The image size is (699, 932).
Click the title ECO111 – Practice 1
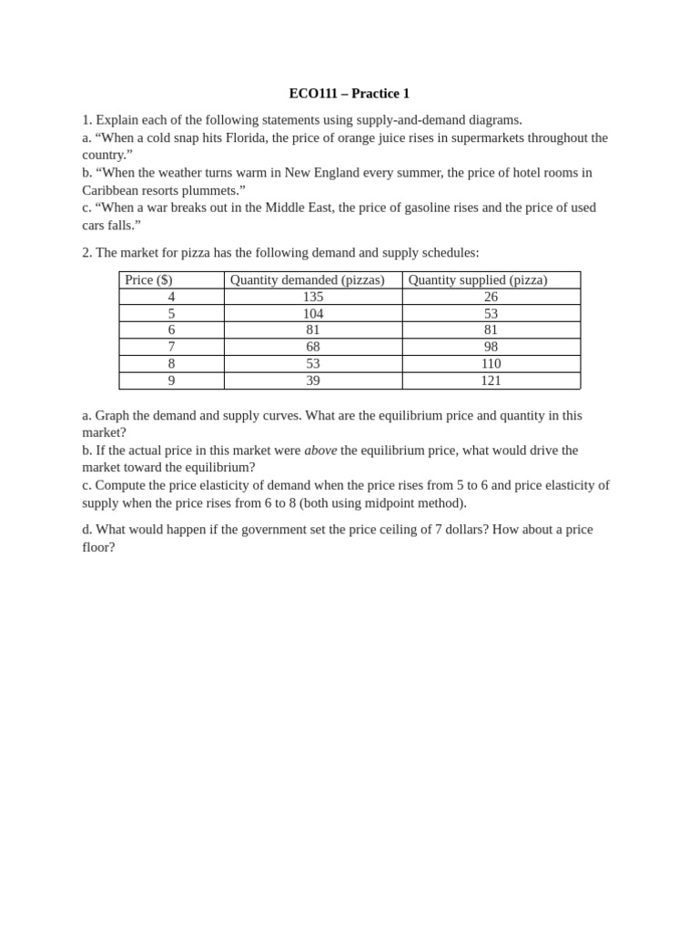point(349,94)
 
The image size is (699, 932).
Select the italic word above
point(320,451)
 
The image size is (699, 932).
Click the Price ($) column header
point(148,280)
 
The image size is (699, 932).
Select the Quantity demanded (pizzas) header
point(307,280)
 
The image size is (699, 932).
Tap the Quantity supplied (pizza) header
point(478,280)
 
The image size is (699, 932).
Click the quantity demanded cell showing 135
point(313,297)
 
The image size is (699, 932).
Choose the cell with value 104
point(313,314)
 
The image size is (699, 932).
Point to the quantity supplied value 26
point(491,297)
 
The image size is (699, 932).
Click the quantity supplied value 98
point(491,347)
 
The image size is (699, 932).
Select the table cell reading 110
point(491,364)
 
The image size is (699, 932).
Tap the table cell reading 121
point(491,380)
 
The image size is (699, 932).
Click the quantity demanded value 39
point(313,380)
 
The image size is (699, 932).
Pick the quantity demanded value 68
point(313,347)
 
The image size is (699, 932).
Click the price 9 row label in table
point(171,380)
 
